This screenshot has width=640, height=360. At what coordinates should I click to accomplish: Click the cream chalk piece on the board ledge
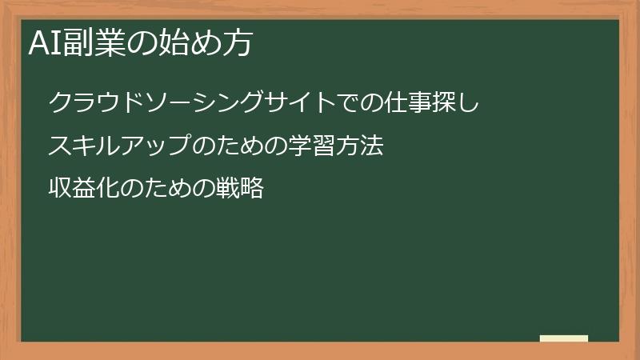[x=564, y=338]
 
